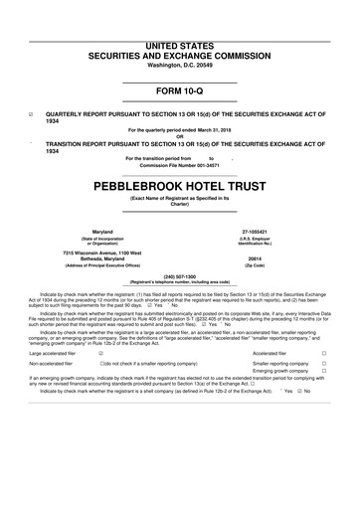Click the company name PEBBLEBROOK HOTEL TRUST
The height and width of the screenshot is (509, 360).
[179, 186]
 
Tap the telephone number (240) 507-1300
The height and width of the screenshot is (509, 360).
[179, 274]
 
